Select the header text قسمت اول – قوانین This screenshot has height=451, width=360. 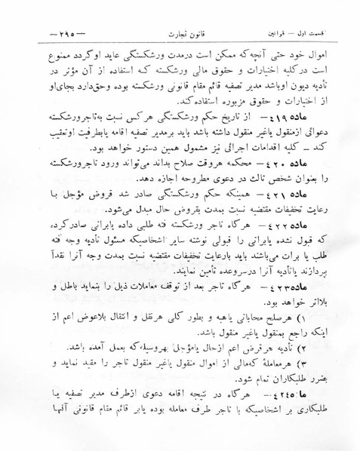pos(302,35)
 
